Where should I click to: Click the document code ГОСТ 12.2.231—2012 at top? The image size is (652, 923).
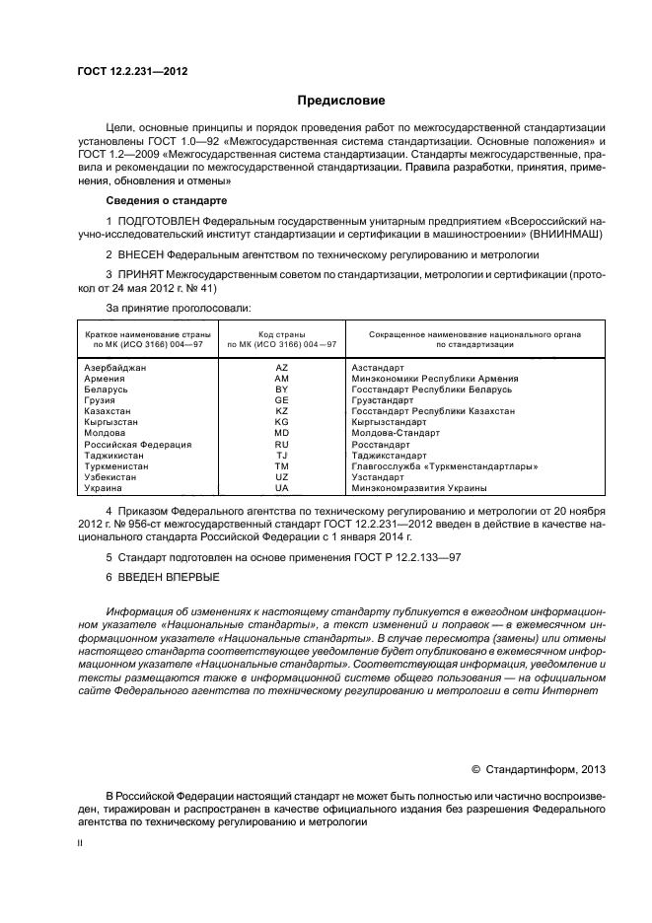point(132,72)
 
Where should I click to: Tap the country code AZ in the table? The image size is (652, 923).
point(281,367)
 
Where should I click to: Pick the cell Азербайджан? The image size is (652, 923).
point(116,367)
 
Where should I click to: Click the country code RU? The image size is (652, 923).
point(281,445)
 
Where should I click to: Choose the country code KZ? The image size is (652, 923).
point(281,411)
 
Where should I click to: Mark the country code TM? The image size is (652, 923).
point(281,466)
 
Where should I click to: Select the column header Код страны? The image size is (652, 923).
point(282,334)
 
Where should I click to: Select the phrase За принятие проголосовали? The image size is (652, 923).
point(171,309)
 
